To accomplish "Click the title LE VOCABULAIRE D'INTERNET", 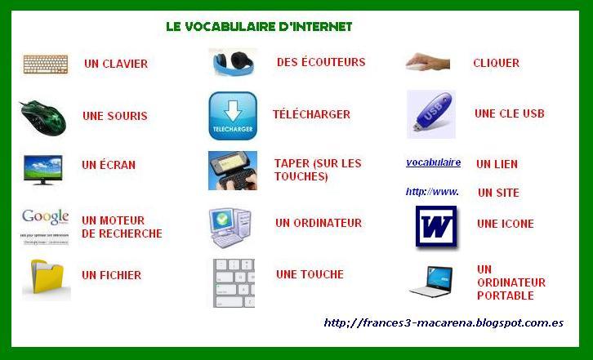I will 259,27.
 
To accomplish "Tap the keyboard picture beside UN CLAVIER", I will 46,64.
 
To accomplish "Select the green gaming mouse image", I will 43,116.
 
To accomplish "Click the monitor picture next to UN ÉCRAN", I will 42,168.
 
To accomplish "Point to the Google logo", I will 45,218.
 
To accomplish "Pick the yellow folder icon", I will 47,278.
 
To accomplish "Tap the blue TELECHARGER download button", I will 233,115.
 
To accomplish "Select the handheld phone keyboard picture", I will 233,170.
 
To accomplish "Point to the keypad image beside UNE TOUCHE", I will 234,282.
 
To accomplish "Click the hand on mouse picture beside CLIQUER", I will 428,62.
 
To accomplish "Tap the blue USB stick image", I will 431,114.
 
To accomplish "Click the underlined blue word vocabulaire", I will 433,162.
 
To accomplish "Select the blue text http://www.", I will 432,193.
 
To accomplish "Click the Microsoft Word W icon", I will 435,226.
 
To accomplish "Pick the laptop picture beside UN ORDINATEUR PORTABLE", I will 430,281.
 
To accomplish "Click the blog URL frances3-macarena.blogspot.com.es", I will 444,322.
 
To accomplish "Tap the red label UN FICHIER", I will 111,276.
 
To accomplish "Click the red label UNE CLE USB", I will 509,113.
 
